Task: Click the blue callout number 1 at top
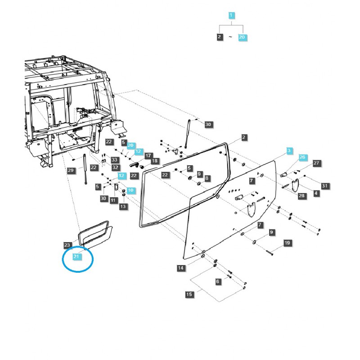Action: coord(231,15)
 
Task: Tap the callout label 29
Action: coord(71,170)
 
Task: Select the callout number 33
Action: coord(114,160)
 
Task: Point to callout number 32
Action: coord(115,167)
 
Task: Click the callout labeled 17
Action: coord(148,154)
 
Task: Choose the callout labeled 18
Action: coord(154,161)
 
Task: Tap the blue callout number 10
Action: coord(130,190)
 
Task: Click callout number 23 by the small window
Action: coord(67,245)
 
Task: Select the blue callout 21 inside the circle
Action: coord(76,256)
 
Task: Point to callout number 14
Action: coord(181,268)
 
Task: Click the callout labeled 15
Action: coord(190,294)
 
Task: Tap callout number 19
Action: coord(287,243)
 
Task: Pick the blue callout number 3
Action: coord(289,150)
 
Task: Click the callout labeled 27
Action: coord(316,163)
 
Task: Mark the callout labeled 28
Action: coord(301,196)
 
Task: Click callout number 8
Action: coord(207,179)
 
